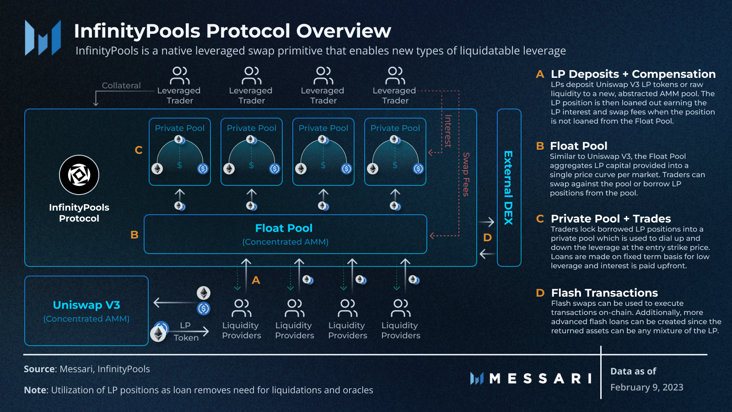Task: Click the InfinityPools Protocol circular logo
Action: [x=79, y=175]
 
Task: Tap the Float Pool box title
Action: [x=284, y=228]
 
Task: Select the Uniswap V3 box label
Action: [x=86, y=305]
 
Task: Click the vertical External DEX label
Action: [x=508, y=188]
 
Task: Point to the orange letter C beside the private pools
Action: [x=139, y=150]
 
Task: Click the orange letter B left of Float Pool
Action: [x=135, y=235]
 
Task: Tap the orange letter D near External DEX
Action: [x=487, y=238]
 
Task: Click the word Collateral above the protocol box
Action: [x=121, y=86]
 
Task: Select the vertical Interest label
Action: [x=448, y=131]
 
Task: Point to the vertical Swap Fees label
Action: [x=466, y=174]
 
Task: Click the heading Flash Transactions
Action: [x=604, y=293]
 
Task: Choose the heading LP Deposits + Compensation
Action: [x=633, y=74]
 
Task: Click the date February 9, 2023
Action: [x=646, y=387]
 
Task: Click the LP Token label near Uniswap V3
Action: [x=186, y=331]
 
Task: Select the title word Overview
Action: [x=344, y=31]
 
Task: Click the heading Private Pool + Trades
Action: [x=611, y=219]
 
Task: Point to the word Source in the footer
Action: [x=39, y=369]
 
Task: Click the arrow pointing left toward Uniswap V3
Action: [x=174, y=302]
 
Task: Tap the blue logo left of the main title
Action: [x=43, y=38]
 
